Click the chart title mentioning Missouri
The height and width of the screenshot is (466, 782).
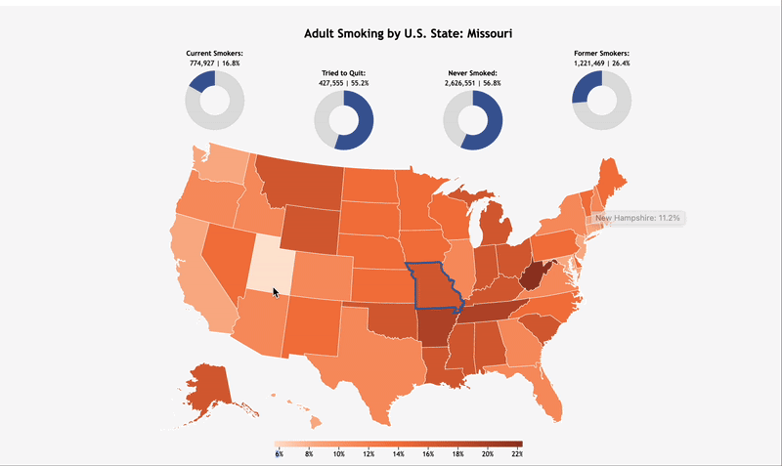pos(408,33)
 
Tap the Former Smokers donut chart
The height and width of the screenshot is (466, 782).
pos(586,84)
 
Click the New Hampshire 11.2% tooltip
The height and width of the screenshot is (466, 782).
pos(637,218)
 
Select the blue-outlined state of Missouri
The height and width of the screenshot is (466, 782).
pos(434,285)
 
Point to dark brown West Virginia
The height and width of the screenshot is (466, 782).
pos(534,275)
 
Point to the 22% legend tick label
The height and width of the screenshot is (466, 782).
pos(517,454)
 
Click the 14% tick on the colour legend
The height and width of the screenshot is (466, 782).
pos(398,454)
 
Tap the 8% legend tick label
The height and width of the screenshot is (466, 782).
pos(309,454)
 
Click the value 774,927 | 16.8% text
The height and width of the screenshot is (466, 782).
pos(214,64)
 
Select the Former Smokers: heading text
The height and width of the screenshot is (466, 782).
pos(601,54)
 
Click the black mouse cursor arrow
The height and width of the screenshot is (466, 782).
pos(276,292)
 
